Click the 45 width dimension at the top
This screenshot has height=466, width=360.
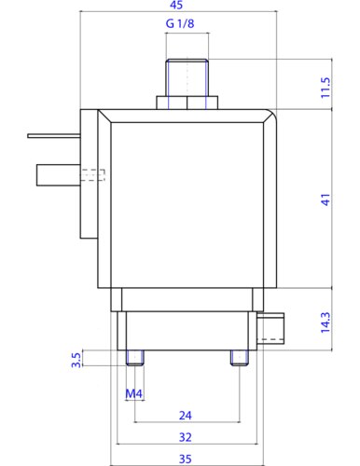[x=176, y=5]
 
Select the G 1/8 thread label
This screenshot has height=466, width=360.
[x=180, y=23]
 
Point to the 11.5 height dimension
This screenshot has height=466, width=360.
[x=325, y=88]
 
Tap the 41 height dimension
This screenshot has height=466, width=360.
[x=325, y=199]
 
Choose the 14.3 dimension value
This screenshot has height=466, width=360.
[x=325, y=322]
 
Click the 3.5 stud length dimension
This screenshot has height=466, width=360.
[x=76, y=360]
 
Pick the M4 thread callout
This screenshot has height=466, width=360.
[x=133, y=394]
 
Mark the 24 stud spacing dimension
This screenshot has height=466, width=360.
[x=186, y=416]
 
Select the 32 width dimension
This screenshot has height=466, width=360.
[x=186, y=437]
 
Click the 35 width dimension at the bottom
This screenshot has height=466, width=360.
[x=186, y=459]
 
